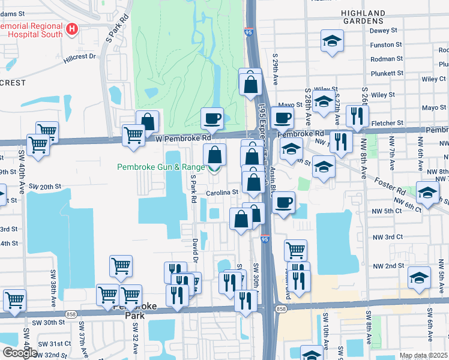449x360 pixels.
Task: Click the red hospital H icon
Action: (73, 28)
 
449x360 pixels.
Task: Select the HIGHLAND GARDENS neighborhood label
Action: (363, 17)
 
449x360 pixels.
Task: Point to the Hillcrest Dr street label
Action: (80, 57)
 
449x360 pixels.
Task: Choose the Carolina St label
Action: (223, 193)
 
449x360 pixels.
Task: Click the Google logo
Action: (19, 353)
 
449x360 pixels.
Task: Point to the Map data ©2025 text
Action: (423, 355)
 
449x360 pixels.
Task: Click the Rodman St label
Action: (387, 59)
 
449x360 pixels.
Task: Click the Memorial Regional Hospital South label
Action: (33, 30)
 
